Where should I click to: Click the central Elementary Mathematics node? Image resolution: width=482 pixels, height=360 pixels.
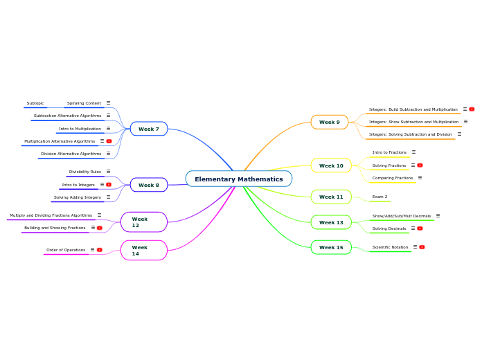[x=239, y=179]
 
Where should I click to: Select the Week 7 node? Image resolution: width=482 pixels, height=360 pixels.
[x=149, y=129]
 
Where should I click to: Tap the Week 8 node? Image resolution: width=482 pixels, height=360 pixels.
[x=149, y=185]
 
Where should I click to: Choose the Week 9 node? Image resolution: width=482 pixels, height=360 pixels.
[x=330, y=123]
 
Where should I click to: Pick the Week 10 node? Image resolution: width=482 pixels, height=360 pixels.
[x=331, y=165]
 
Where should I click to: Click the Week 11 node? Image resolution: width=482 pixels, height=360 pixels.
[x=331, y=197]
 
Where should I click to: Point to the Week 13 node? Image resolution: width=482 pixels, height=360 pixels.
[x=331, y=222]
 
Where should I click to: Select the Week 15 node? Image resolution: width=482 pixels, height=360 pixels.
[x=331, y=247]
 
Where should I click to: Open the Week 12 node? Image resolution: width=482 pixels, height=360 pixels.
[x=143, y=222]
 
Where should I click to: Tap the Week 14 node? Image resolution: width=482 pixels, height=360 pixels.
[x=143, y=250]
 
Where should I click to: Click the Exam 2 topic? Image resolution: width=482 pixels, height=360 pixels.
[x=380, y=197]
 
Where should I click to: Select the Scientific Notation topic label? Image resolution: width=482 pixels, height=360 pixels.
[x=390, y=247]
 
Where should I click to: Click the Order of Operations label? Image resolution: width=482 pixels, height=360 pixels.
[x=66, y=250]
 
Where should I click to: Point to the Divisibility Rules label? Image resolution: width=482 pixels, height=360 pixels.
[x=84, y=172]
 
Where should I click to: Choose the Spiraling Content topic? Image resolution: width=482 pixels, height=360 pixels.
[x=84, y=103]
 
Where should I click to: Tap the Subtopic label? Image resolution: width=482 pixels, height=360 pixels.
[x=35, y=103]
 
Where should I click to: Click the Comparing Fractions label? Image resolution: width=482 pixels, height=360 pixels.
[x=393, y=178]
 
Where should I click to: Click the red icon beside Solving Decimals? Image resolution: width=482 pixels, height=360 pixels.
[x=420, y=228]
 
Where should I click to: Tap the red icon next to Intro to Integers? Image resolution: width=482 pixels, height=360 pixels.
[x=109, y=185]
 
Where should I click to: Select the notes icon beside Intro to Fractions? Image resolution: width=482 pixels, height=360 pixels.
[x=413, y=152]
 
